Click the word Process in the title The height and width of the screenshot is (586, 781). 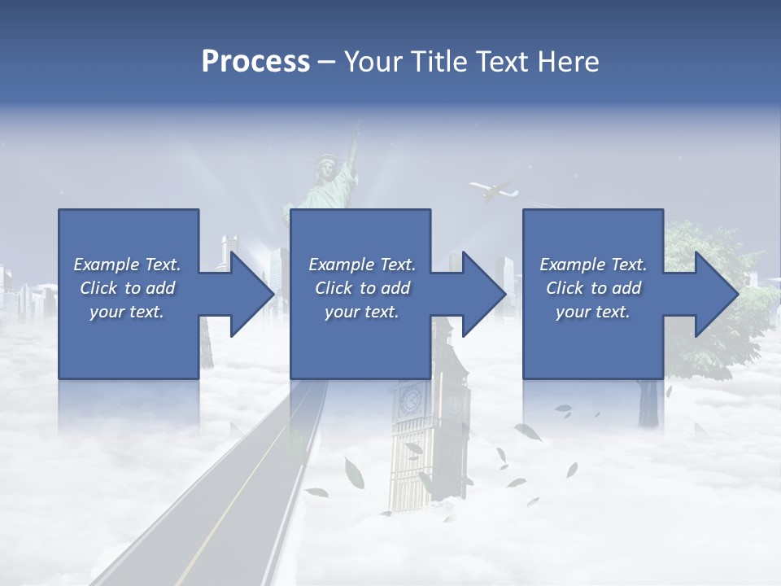click(255, 62)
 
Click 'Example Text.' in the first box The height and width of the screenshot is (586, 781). click(127, 265)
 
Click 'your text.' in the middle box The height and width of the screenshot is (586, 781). click(362, 312)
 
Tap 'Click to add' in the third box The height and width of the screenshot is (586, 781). click(593, 288)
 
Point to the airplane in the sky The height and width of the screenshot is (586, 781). click(494, 191)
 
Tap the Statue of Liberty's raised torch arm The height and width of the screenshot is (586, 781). click(352, 151)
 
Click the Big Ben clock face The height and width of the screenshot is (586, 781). click(410, 400)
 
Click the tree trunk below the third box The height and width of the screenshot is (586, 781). click(648, 403)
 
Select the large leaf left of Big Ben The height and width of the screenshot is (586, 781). click(355, 472)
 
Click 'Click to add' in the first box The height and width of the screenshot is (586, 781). click(127, 288)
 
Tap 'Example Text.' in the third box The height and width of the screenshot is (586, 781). click(593, 265)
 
